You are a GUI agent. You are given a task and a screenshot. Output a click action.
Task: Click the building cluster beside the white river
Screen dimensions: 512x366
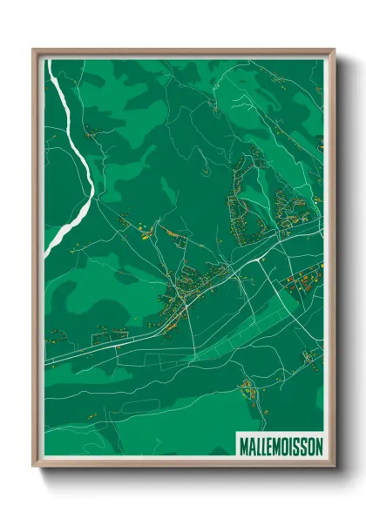pyautogui.click(x=91, y=132)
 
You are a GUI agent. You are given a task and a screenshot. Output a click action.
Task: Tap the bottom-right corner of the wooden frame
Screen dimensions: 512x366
pyautogui.click(x=334, y=467)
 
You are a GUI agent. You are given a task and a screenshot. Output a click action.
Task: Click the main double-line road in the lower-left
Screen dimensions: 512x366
pyautogui.click(x=96, y=345)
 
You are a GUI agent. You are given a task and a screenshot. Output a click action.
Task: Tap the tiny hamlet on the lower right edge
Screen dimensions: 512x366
pyautogui.click(x=310, y=357)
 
